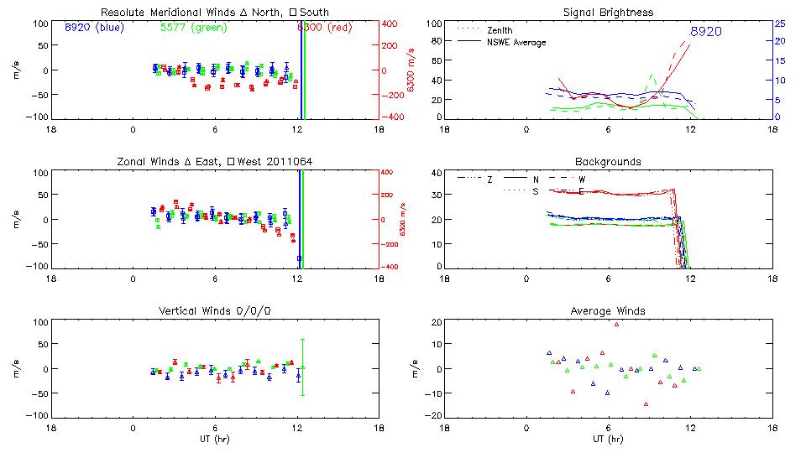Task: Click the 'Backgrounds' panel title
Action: [608, 161]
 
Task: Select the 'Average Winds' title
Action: [608, 311]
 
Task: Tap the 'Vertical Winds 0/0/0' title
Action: [214, 311]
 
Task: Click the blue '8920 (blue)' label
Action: [93, 28]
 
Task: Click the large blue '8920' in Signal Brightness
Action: [705, 32]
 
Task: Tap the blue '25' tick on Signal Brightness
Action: [779, 23]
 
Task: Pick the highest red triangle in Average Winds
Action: [616, 324]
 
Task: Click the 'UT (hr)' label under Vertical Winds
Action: [214, 439]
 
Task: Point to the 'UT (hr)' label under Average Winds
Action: [608, 439]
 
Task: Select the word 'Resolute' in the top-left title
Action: [122, 13]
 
